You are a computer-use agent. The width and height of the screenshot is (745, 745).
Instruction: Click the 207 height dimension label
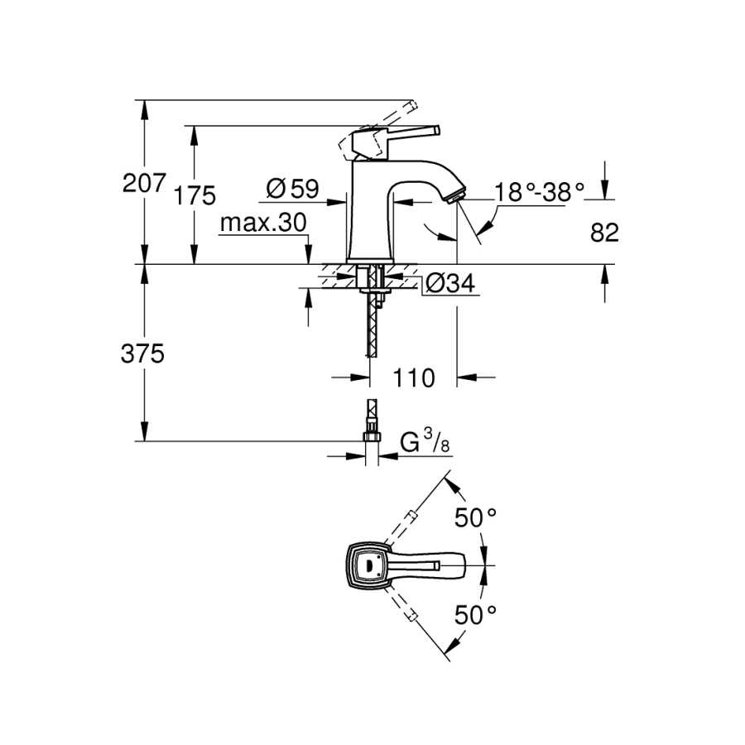coord(144,183)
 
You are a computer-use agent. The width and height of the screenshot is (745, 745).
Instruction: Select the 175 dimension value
coord(195,195)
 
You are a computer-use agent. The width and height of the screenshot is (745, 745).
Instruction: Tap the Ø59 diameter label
coord(292,189)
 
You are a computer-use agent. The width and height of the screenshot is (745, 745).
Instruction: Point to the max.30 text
coord(263,223)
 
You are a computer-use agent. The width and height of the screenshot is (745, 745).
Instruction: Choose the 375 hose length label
coord(142,354)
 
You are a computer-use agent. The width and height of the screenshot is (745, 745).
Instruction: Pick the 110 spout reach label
coord(413,377)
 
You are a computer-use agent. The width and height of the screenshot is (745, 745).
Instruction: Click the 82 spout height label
coord(604,233)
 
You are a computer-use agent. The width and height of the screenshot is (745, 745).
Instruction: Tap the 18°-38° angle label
coord(539,192)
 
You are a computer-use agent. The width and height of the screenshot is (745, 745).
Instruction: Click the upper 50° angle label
coord(475,517)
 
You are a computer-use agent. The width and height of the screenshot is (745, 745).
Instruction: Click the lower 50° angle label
coord(475,615)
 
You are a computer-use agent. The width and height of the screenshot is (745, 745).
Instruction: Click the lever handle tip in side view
coord(437,130)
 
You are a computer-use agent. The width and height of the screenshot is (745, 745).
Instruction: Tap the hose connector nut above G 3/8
coord(372,435)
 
